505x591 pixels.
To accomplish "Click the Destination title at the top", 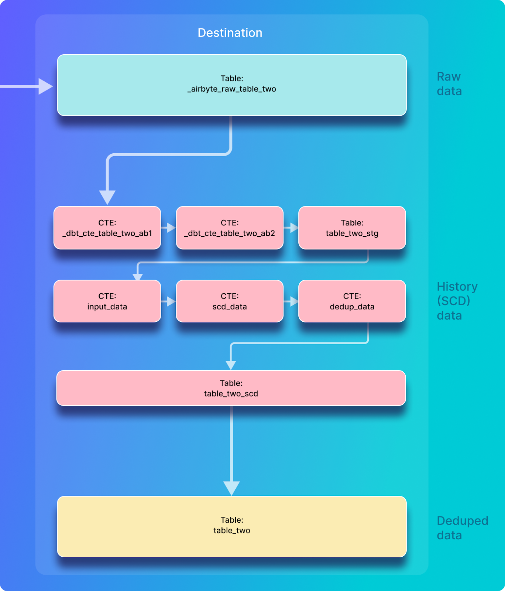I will tap(230, 33).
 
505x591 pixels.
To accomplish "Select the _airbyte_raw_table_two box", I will tap(232, 85).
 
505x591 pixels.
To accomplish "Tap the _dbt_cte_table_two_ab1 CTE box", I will tap(107, 228).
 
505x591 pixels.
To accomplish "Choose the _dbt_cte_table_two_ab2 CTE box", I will tap(230, 228).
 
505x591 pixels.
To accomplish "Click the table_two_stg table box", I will tap(352, 228).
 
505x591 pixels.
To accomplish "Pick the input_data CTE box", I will tap(107, 301).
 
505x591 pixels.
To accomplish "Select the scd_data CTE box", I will tap(230, 301).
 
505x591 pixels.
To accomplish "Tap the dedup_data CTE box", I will tap(352, 301).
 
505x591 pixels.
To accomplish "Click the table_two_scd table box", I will tap(231, 388).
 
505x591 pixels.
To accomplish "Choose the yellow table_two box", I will tap(232, 526).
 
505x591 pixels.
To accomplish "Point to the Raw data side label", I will tap(449, 84).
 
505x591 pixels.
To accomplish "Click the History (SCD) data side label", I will tap(457, 301).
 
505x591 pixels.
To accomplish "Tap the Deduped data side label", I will tap(462, 528).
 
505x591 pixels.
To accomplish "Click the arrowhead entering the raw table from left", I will tap(45, 86).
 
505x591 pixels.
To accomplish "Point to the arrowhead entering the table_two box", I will tap(231, 488).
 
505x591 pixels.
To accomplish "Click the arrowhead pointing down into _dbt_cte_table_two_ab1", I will tap(107, 197).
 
